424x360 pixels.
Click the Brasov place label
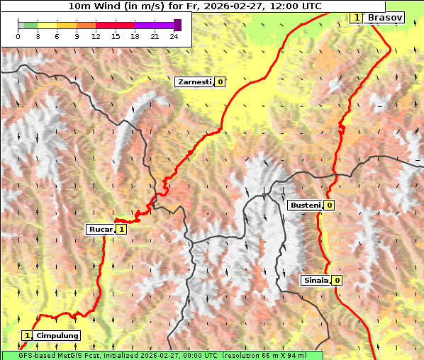[x=386, y=17]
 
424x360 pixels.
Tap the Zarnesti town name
[x=194, y=82]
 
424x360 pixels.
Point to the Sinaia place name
[x=316, y=281]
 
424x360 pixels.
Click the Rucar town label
[x=100, y=230]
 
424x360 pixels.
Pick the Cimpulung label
[x=57, y=335]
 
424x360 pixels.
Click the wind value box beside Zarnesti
[x=221, y=82]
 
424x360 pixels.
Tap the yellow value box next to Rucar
[x=122, y=230]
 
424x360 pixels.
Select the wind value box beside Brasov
[x=357, y=17]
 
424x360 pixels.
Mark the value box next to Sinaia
[x=337, y=281]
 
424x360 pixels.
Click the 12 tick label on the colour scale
[x=95, y=36]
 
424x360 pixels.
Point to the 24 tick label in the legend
[x=174, y=36]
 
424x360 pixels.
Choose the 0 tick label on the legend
[x=18, y=36]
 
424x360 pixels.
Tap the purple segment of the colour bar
[x=154, y=25]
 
